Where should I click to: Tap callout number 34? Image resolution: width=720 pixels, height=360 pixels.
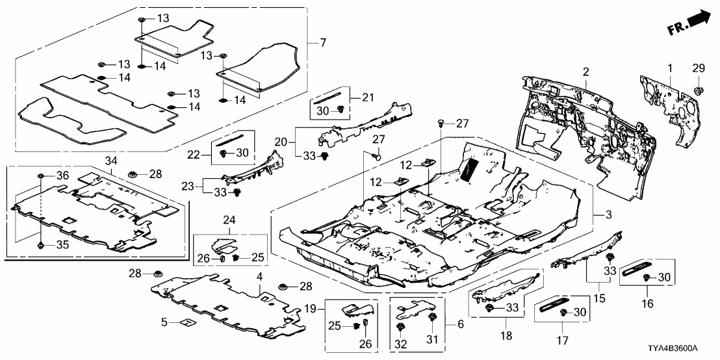coord(110,161)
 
